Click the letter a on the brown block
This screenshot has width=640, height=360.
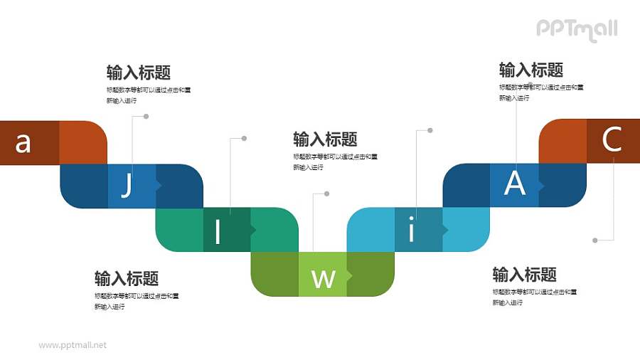(x=23, y=143)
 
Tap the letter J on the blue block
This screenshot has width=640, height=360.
(x=127, y=186)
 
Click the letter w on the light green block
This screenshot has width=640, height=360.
(x=324, y=278)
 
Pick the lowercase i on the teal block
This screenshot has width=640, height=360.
(x=411, y=231)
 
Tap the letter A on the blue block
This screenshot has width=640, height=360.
(x=514, y=184)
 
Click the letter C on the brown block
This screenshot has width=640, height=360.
(x=612, y=140)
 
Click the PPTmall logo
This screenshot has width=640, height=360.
(x=577, y=29)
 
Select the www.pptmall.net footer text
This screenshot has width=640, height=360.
(x=73, y=345)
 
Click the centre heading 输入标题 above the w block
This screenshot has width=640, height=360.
(x=325, y=139)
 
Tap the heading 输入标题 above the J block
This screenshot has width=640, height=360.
(x=138, y=73)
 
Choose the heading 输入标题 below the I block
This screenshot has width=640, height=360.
(x=127, y=278)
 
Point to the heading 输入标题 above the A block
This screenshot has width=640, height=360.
(x=531, y=70)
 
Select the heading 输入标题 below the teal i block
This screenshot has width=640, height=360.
(x=525, y=275)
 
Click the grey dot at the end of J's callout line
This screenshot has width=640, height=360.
(x=146, y=116)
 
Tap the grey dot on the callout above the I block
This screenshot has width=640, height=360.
(x=245, y=138)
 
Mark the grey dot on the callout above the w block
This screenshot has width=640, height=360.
(x=326, y=194)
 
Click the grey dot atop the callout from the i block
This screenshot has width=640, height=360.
(x=430, y=130)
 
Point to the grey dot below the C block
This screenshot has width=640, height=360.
(x=594, y=240)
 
